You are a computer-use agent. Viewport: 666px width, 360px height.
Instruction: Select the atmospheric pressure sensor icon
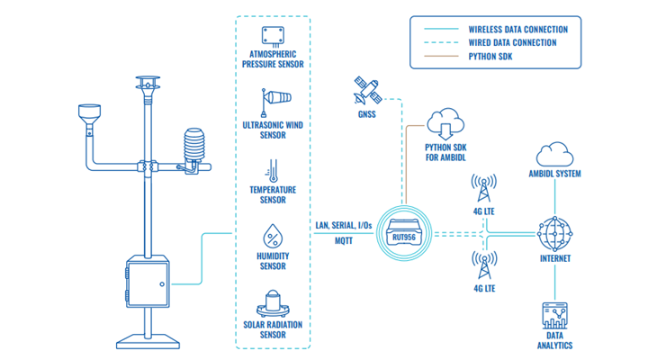[272, 37]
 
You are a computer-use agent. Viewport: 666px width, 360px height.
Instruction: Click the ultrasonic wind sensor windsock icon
[273, 103]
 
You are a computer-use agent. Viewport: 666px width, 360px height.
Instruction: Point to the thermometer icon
[272, 169]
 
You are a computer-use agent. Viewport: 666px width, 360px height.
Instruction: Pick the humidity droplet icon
[272, 237]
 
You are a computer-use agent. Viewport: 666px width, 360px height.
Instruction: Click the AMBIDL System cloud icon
[554, 153]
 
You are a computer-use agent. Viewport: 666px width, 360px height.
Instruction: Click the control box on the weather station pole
[148, 283]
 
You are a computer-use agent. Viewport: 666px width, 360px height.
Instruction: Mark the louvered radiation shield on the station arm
[194, 146]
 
